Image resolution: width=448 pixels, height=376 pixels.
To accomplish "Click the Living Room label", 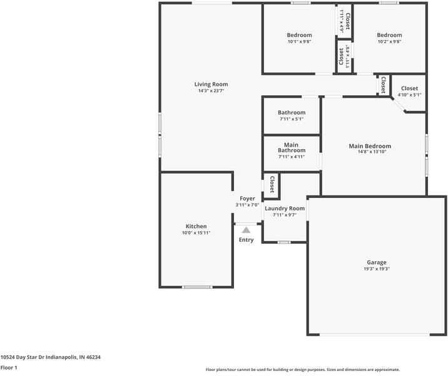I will click(211, 84).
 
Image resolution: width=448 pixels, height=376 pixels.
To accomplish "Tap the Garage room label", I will click(376, 263).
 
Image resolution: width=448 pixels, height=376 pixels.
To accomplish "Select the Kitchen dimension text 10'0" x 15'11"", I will click(196, 232).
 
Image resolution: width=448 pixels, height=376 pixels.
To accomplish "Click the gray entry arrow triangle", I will click(247, 230).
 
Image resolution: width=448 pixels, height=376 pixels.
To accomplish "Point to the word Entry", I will click(247, 240).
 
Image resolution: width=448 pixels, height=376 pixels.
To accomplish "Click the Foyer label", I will click(247, 199).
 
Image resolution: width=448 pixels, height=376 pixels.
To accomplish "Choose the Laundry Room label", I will click(285, 209).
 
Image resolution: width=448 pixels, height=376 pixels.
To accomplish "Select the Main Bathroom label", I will click(292, 147).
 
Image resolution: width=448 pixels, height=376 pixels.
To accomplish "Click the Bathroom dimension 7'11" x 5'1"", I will click(292, 119).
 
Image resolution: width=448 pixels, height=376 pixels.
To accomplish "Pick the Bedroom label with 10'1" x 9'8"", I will click(299, 35).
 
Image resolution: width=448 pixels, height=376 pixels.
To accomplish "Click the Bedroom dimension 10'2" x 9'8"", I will click(389, 41).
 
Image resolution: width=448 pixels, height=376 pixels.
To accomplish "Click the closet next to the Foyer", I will click(272, 184).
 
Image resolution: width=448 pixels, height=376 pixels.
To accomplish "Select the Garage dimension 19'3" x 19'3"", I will click(376, 269).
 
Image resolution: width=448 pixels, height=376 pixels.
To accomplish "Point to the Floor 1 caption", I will click(9, 368).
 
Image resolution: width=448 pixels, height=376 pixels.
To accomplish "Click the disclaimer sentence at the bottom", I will click(302, 370).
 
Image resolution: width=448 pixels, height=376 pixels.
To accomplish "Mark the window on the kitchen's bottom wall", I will click(197, 287).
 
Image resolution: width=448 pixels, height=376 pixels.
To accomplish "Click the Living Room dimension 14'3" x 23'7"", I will click(211, 91).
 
